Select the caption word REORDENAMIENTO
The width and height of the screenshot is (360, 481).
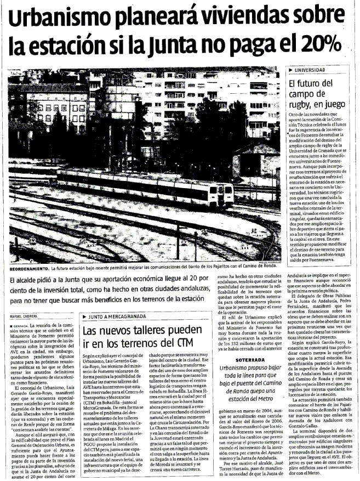click(x=28, y=268)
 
